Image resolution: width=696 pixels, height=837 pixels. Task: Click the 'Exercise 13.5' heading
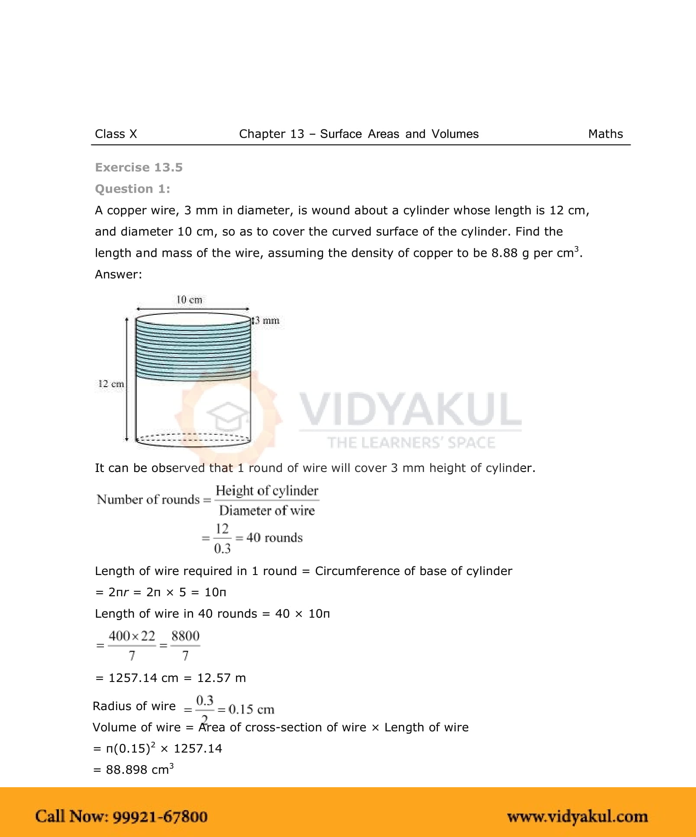point(139,167)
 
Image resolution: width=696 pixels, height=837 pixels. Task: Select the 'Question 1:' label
point(133,189)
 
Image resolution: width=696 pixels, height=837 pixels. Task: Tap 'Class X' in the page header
point(116,134)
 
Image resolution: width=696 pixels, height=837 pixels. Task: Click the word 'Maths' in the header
point(605,134)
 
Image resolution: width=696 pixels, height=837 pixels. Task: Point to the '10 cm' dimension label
point(189,300)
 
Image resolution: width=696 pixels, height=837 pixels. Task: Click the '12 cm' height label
point(111,384)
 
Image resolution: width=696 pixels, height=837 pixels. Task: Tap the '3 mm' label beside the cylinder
point(267,320)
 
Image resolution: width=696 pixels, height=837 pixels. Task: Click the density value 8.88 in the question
point(504,253)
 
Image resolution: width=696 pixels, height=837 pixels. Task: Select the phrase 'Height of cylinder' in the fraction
point(267,491)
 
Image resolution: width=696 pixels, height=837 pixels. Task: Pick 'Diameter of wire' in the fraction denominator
point(267,511)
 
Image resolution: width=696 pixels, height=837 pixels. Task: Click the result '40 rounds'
point(274,537)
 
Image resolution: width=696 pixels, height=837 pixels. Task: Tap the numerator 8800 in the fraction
point(185,636)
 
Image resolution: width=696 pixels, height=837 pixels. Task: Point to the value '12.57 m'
point(221,678)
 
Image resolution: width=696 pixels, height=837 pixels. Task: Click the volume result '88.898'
point(126,769)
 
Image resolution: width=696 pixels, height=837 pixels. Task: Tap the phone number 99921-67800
point(160,816)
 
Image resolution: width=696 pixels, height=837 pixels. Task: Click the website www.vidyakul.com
point(577,816)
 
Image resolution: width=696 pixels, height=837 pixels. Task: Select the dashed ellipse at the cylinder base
point(193,438)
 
